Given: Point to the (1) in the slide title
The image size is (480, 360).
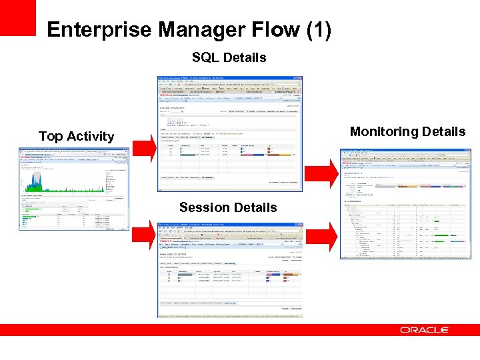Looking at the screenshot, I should pos(317,30).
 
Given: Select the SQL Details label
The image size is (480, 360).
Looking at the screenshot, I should pos(229,58).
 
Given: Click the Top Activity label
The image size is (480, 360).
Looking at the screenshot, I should pos(76,136).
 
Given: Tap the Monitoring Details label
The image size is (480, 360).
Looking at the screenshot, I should pos(407,131).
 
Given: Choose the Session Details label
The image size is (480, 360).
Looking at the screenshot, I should pos(228,207).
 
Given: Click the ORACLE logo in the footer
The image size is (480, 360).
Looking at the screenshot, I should pos(425,330).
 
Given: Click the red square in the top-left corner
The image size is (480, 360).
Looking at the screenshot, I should pos(17,17).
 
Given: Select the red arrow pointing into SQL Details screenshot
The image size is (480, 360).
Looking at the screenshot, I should pos(145,147).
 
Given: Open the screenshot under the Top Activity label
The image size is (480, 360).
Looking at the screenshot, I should pos(73,189).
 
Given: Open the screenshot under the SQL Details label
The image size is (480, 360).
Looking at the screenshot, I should pos(229,133).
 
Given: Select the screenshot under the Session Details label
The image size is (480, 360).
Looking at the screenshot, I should pos(229,269).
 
